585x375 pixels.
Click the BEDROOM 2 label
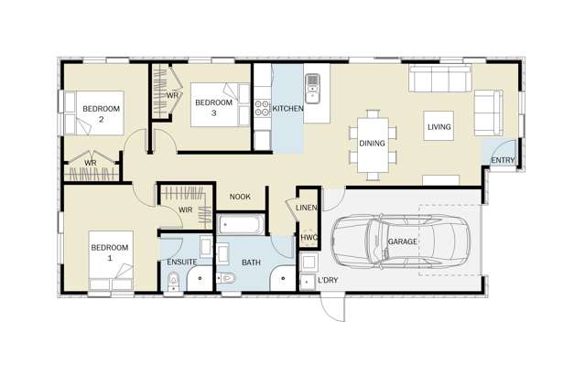101,113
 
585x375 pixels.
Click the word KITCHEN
287,109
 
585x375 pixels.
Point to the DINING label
372,144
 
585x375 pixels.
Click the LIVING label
439,127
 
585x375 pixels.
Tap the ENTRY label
503,161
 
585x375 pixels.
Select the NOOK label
240,197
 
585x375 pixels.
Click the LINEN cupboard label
307,209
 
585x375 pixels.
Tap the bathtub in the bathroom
241,223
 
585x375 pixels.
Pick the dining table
373,144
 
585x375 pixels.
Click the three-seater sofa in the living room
439,80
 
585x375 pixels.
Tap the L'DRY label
328,280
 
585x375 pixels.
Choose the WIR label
185,209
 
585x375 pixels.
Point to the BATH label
251,263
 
